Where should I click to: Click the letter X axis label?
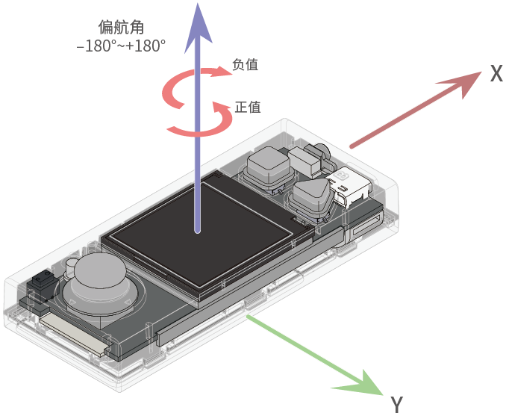pos(496,73)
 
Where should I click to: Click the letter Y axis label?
pos(397,405)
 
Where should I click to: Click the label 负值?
pos(245,65)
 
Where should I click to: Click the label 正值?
pos(248,107)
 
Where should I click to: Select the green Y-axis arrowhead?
pos(361,382)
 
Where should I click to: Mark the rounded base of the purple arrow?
pos(197,230)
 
